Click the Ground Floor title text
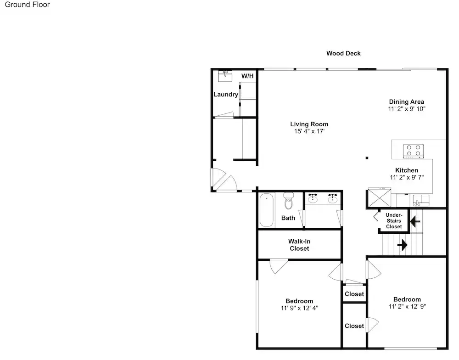[27, 5]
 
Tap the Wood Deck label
[343, 53]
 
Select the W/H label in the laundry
[247, 76]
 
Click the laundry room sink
[225, 76]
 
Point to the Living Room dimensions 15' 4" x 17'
[309, 131]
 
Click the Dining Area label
[406, 101]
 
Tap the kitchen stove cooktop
[414, 151]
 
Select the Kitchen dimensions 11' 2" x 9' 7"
[407, 177]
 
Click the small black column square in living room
[367, 158]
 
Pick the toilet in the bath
[289, 201]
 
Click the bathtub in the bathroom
[266, 210]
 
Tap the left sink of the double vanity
[313, 199]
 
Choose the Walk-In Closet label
[299, 245]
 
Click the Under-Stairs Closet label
[394, 220]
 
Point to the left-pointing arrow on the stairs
[415, 221]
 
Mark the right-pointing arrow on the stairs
[402, 245]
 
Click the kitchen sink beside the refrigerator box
[421, 200]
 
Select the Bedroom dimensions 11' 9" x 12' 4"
[299, 308]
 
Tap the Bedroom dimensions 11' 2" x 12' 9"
[407, 306]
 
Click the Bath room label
[288, 218]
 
